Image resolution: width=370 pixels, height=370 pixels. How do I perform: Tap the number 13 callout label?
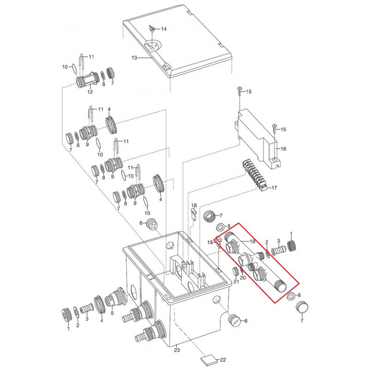134,58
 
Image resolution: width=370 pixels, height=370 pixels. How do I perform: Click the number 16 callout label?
283,148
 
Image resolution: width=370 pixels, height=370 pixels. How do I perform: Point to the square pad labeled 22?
209,361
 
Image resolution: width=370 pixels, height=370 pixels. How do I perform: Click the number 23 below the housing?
177,350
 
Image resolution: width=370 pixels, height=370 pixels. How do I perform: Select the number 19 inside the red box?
252,241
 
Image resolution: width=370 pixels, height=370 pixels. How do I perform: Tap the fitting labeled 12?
88,80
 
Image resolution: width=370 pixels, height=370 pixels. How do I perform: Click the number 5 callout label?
112,313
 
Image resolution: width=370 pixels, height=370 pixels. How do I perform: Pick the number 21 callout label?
236,282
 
